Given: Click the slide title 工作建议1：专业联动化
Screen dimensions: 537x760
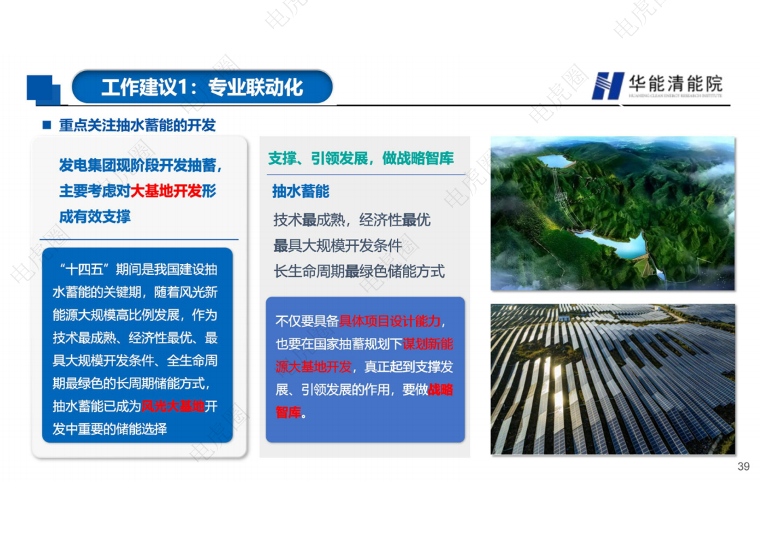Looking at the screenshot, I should (x=202, y=87).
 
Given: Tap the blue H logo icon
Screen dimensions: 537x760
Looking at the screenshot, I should (x=606, y=86).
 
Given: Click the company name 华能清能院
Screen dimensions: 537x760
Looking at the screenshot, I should (x=675, y=83).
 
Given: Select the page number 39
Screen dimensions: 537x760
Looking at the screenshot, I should (x=743, y=467).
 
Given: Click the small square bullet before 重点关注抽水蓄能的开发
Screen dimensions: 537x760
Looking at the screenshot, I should (x=47, y=125).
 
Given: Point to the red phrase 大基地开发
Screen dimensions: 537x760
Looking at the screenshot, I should (x=166, y=192).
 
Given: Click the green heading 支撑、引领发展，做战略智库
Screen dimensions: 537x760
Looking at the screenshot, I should (x=361, y=158).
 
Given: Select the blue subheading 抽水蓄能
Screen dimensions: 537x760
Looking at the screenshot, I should (x=301, y=192).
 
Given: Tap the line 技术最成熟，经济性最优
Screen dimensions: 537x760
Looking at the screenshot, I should (x=352, y=220).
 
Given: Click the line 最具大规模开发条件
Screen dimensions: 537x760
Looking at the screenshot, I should (x=337, y=246).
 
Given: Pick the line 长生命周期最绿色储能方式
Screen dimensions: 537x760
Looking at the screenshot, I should (x=359, y=272).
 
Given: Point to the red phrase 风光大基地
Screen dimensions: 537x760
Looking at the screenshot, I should (x=173, y=406).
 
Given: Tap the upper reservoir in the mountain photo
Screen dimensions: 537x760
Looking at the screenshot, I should (x=555, y=161).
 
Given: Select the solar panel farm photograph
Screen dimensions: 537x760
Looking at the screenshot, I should (x=612, y=379).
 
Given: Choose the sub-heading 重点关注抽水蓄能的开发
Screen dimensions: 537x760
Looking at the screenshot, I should (x=137, y=125).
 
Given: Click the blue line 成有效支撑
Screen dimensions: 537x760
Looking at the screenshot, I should (x=95, y=217).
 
